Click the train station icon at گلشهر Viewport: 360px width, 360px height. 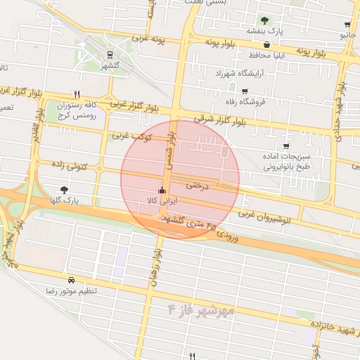coord(110,54)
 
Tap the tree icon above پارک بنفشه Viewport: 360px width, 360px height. coord(264,20)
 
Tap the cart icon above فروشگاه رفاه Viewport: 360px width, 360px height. coord(245,91)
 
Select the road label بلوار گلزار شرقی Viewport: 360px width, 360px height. coord(212,121)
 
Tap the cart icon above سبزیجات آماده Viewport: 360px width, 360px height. coord(285,146)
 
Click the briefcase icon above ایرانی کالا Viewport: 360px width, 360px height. coord(162,190)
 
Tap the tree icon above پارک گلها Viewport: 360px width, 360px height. coord(65,190)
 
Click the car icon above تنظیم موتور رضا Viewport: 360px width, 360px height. coord(71,280)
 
